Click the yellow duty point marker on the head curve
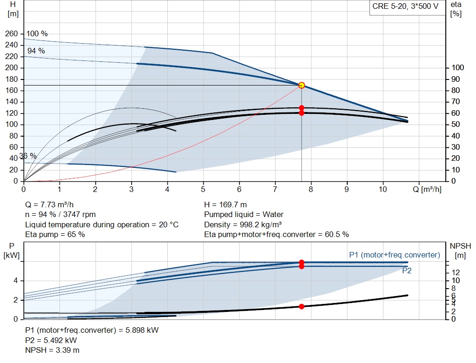pos(301,85)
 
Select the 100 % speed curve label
pos(37,34)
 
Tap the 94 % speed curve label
pos(36,51)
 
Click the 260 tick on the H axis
pos(12,34)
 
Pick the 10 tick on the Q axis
pos(383,190)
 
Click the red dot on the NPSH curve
pos(301,306)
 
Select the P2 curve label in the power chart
pos(406,271)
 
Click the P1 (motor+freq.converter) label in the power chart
pos(394,255)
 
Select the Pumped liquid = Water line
pos(244,215)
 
